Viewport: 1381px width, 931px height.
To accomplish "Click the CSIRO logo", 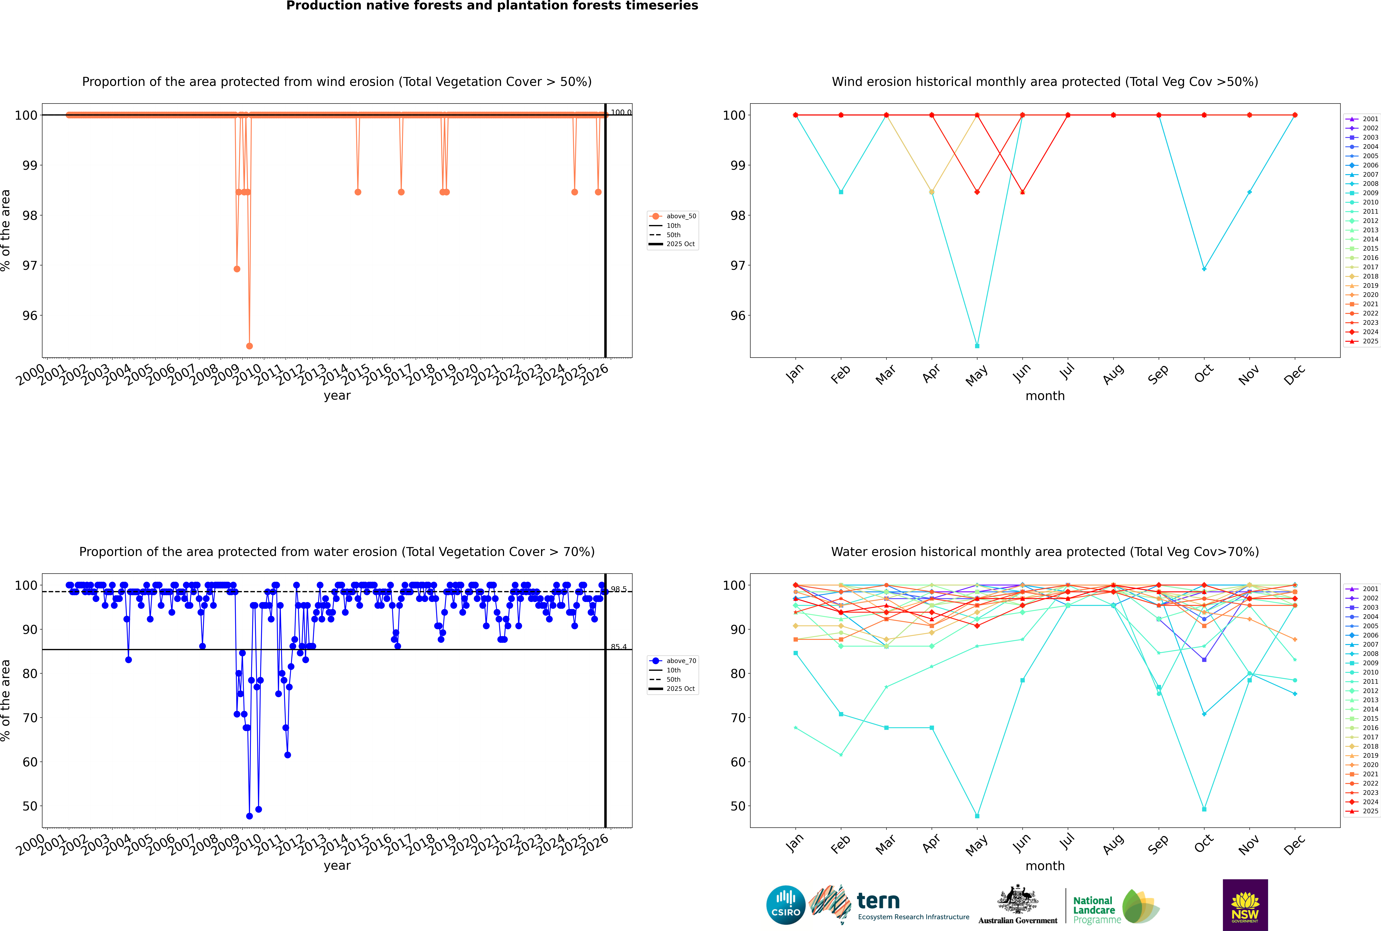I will [785, 905].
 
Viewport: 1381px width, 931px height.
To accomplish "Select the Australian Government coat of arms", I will [1018, 903].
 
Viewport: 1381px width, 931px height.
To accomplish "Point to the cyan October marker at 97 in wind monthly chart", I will [1203, 269].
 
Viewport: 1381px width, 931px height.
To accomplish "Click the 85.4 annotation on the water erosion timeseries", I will [619, 647].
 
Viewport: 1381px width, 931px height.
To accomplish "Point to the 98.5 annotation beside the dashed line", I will [619, 589].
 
